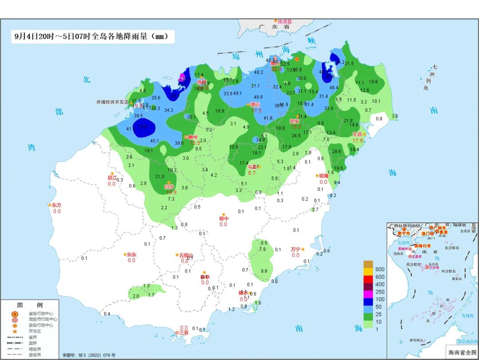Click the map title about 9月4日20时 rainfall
(91, 37)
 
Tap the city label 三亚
(184, 332)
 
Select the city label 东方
(56, 205)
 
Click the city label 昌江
(112, 178)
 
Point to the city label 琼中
(224, 218)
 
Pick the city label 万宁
(295, 249)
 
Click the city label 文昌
(357, 134)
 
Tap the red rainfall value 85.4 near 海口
(277, 69)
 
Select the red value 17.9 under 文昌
(358, 141)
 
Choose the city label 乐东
(132, 255)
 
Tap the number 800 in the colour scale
(380, 269)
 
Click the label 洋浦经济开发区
(112, 102)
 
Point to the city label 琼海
(324, 176)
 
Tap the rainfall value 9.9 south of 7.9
(264, 271)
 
